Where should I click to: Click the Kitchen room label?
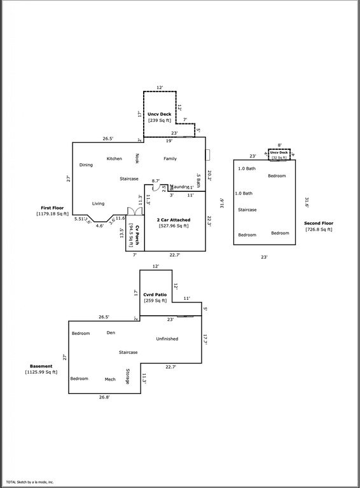pos(114,158)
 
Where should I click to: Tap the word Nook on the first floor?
pos(136,158)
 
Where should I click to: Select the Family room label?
pos(170,158)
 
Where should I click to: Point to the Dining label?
pos(86,165)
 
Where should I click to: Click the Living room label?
pos(98,203)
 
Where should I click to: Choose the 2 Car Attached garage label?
pos(172,220)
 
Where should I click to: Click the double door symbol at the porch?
pos(132,211)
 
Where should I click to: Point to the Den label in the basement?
pos(111,333)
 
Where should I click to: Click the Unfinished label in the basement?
pos(167,339)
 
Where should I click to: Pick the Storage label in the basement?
pos(128,376)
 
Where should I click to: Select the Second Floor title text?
pos(319,223)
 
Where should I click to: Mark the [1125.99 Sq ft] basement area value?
pos(41,372)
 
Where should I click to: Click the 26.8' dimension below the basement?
pos(104,398)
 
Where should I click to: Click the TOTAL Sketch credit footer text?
pos(30,482)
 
